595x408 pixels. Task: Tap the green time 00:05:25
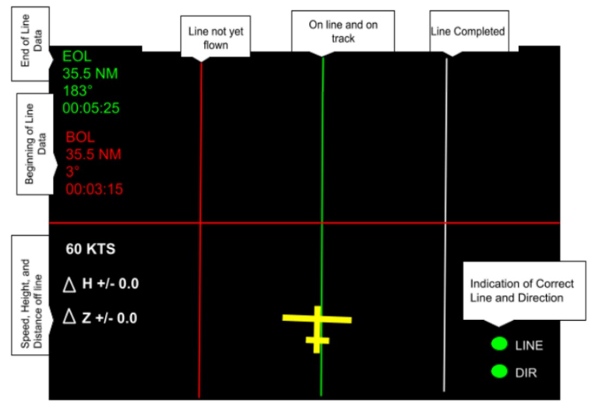pyautogui.click(x=90, y=108)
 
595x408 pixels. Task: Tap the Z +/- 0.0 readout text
pyautogui.click(x=109, y=318)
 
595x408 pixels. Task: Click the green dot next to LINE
pyautogui.click(x=499, y=344)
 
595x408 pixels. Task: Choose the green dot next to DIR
pyautogui.click(x=499, y=372)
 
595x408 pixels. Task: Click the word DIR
pyautogui.click(x=527, y=373)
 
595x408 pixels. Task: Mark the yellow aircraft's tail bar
pyautogui.click(x=318, y=340)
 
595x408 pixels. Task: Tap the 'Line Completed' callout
pyautogui.click(x=468, y=31)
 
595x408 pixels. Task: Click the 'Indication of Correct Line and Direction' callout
pyautogui.click(x=522, y=291)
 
